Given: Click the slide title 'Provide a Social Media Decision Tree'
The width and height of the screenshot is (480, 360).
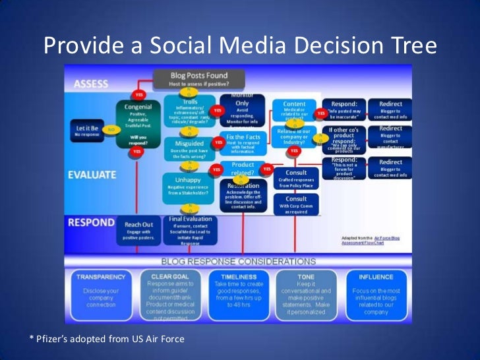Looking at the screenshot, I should [240, 46].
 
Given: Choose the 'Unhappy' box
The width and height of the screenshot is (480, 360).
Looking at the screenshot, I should [187, 185].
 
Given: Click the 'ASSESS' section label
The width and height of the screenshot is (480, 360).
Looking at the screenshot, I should [91, 84].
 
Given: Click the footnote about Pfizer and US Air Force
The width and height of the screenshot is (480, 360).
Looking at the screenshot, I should [106, 339].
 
